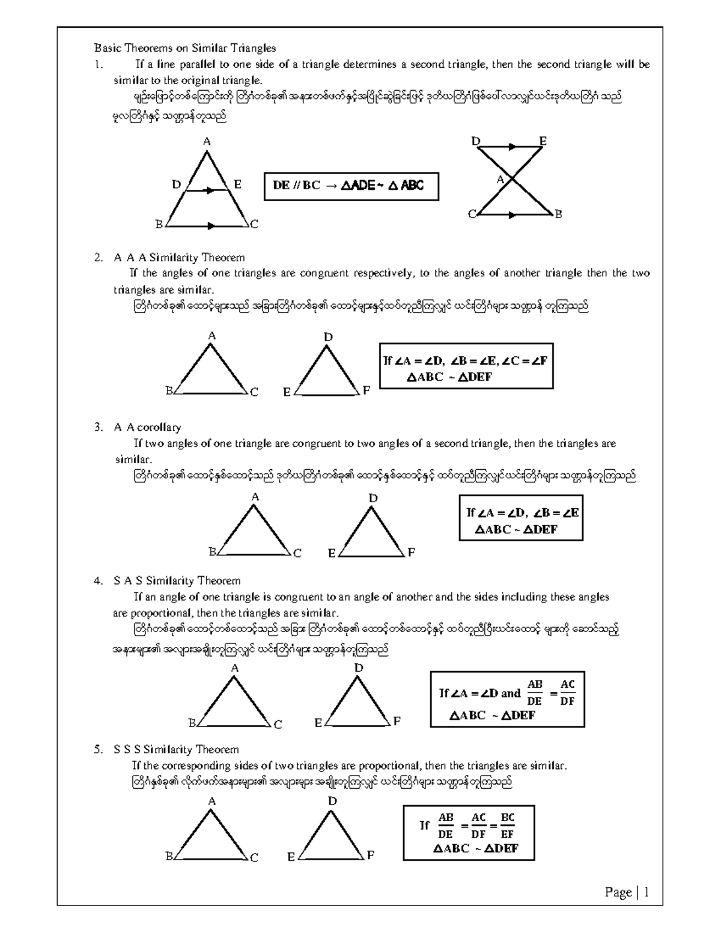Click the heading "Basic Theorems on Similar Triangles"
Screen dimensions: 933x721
(184, 48)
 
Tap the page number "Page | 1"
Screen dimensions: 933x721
(627, 893)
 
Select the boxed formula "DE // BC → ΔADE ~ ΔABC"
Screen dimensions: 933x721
(351, 186)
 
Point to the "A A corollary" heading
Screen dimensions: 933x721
(147, 427)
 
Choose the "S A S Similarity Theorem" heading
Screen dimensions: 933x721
(177, 581)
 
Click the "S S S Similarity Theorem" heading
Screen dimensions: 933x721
(176, 749)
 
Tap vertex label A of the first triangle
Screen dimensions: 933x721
(207, 142)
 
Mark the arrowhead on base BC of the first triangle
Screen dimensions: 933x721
(210, 226)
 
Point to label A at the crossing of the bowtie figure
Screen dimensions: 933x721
(500, 179)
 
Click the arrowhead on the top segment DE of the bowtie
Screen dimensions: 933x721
(511, 146)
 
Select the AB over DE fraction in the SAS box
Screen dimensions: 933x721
(534, 693)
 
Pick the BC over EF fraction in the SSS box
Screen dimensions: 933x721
(508, 825)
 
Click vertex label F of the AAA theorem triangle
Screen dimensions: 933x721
(367, 391)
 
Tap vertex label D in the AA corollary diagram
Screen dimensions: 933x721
(373, 498)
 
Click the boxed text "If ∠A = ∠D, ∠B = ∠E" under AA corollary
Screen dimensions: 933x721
(522, 512)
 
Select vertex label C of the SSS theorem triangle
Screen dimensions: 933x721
(254, 857)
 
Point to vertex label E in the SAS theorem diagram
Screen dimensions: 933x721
(318, 723)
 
